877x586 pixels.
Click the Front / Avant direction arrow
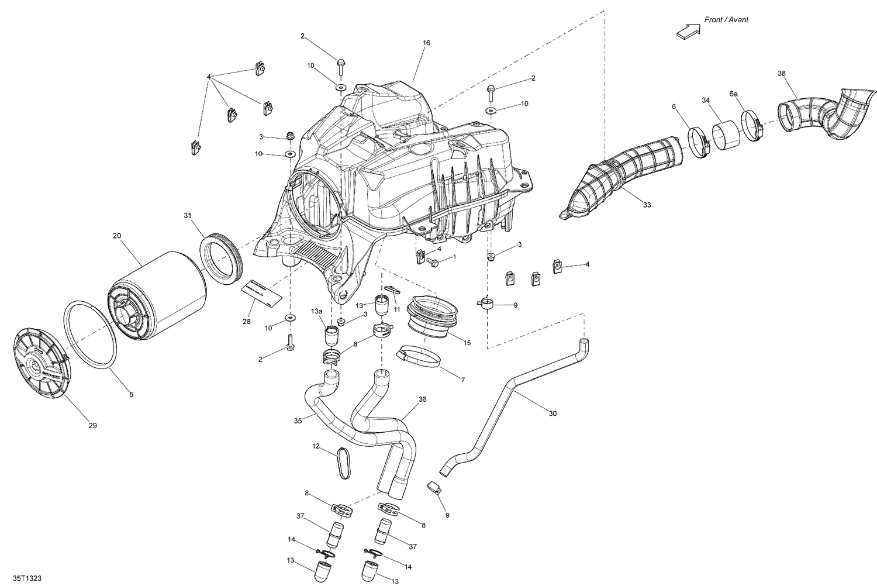(x=688, y=32)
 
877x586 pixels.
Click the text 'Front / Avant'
(x=726, y=20)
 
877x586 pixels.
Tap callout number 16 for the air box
(x=426, y=43)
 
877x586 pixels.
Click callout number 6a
(x=733, y=94)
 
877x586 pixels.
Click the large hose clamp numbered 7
(x=419, y=356)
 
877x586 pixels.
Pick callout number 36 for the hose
(x=422, y=399)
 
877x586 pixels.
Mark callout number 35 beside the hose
(x=298, y=420)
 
